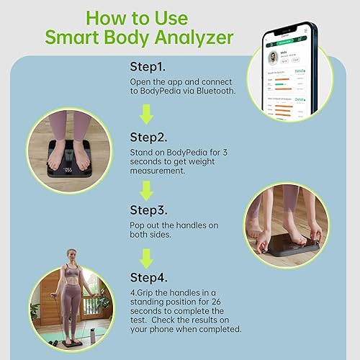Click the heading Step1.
point(148,66)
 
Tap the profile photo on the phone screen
point(274,58)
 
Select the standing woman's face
point(72,257)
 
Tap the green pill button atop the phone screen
point(285,42)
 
